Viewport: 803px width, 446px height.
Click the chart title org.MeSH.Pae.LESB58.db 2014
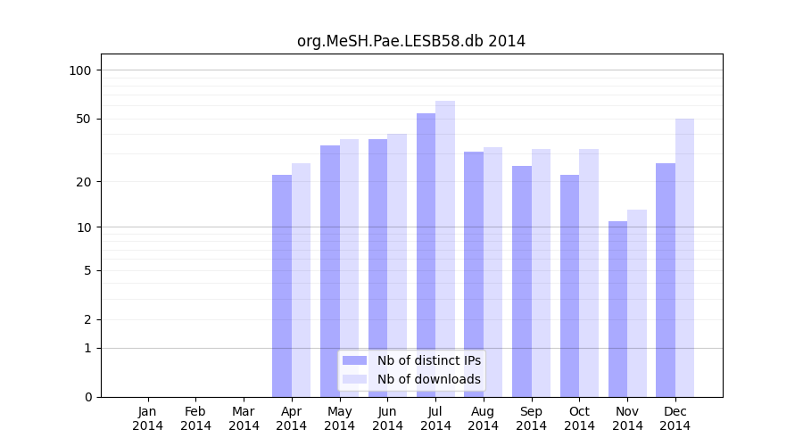point(411,41)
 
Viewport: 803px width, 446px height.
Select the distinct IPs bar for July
point(426,254)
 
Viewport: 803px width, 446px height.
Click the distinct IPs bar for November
point(617,309)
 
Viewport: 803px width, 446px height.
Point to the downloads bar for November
point(637,303)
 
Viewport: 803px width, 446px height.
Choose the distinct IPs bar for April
point(282,285)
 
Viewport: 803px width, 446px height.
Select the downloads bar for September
point(541,272)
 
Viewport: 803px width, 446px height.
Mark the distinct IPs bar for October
point(569,285)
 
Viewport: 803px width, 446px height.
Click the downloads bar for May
point(349,268)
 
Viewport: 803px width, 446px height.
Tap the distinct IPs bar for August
point(474,274)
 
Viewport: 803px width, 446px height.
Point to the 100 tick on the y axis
point(79,70)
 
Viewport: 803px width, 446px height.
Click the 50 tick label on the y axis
point(83,119)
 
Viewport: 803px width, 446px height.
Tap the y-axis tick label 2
point(87,319)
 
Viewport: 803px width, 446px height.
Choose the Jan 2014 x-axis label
point(148,418)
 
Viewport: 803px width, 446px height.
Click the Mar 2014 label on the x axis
point(244,418)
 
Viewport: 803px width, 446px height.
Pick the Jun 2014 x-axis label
point(387,418)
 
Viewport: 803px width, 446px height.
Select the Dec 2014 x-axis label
point(675,418)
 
